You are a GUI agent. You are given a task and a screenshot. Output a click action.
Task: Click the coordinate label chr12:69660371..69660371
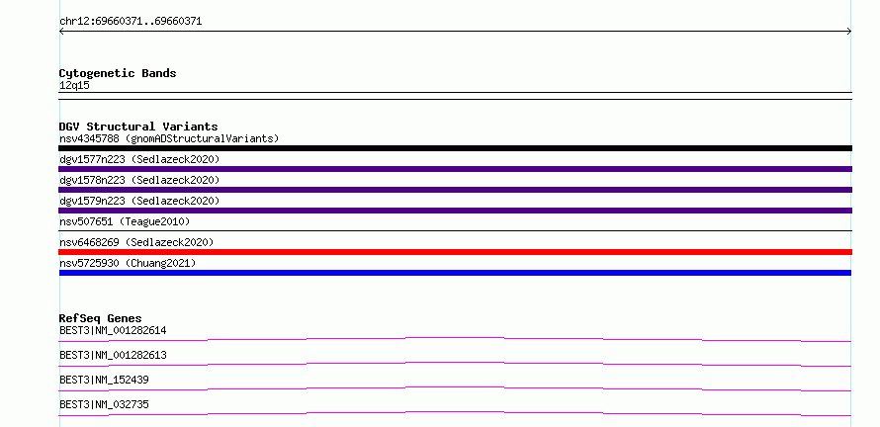click(131, 22)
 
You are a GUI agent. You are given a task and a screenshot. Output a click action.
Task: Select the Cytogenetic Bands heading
click(118, 73)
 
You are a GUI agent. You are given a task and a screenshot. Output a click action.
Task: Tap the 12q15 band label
click(74, 86)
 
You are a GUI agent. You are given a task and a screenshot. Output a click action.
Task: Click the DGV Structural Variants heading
click(138, 127)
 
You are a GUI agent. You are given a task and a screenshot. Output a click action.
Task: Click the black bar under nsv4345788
click(455, 148)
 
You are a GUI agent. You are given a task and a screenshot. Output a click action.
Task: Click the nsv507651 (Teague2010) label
click(125, 221)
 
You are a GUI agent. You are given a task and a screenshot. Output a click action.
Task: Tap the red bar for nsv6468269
click(455, 252)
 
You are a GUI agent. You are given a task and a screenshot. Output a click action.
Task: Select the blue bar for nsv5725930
click(455, 273)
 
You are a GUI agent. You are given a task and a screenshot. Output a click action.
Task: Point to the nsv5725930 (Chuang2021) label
click(128, 263)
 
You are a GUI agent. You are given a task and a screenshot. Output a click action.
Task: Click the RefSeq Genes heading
click(101, 318)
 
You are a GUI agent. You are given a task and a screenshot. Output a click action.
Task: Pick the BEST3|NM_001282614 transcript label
click(113, 330)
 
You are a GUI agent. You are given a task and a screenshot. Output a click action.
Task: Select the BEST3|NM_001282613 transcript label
click(113, 355)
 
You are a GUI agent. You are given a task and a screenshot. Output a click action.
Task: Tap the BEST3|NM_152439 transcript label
click(104, 380)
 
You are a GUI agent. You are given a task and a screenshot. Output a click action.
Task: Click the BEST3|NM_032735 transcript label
click(104, 404)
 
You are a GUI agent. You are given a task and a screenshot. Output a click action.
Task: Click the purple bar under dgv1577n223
click(455, 169)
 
